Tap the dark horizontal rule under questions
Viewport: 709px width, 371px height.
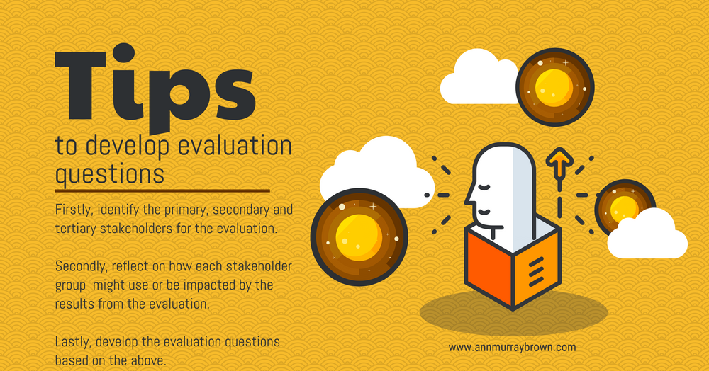pyautogui.click(x=162, y=190)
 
